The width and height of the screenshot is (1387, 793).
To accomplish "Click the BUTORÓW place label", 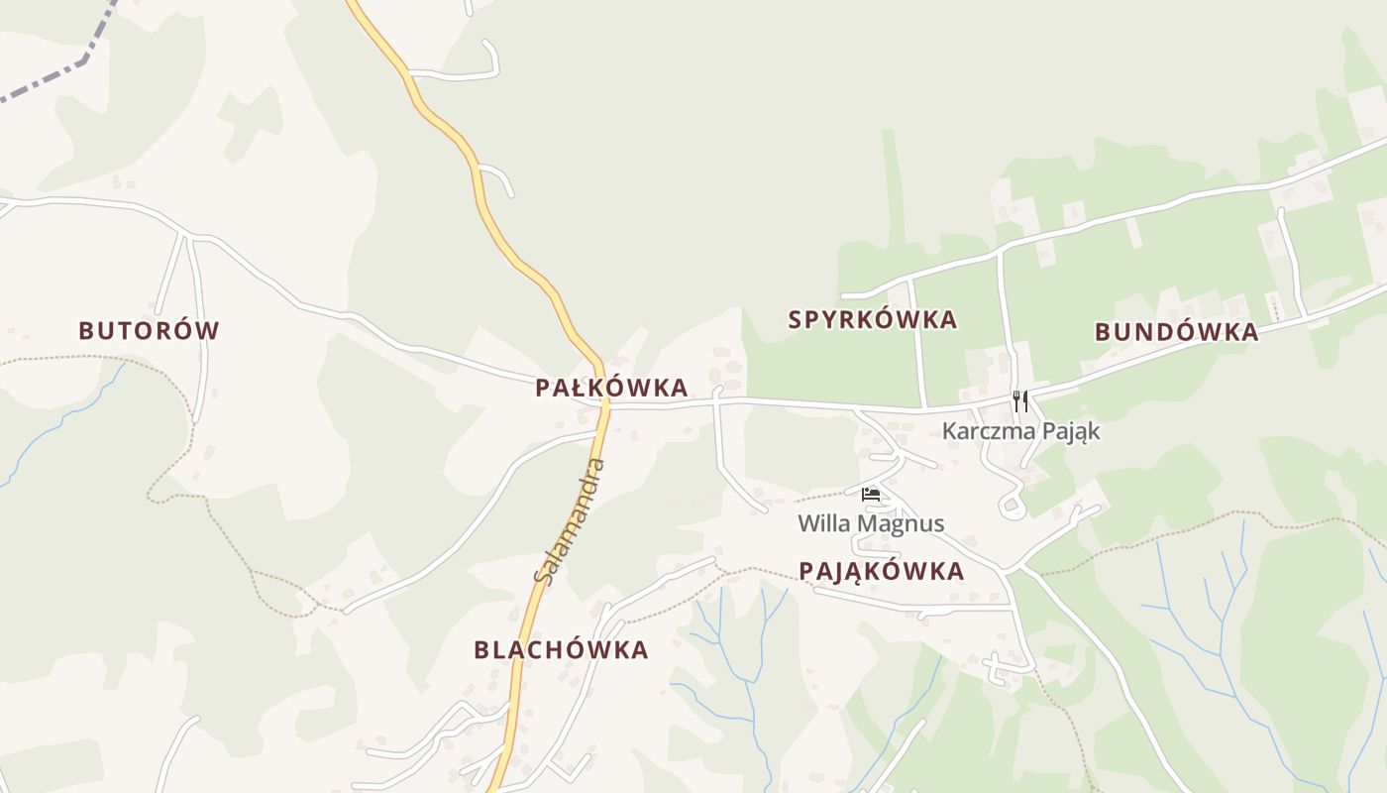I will (x=149, y=331).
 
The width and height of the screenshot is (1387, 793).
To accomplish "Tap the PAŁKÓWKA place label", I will (x=611, y=388).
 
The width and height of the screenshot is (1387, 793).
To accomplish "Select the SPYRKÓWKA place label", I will (x=872, y=319).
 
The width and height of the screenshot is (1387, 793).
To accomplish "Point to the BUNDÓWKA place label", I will (x=1176, y=332).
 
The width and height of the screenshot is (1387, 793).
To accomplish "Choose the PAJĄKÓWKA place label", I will (x=881, y=571).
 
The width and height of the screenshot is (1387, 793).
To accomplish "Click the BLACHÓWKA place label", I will (x=561, y=650).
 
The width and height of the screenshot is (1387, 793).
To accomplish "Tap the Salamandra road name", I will (x=570, y=521).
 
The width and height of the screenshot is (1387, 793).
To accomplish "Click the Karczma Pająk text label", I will (x=1020, y=431).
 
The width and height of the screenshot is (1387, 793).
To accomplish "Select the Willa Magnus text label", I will (x=871, y=523).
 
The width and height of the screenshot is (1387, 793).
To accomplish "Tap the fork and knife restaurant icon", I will (x=1020, y=401).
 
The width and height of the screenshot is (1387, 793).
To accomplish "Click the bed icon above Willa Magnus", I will (x=871, y=494).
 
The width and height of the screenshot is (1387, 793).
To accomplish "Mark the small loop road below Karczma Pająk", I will (x=1013, y=509).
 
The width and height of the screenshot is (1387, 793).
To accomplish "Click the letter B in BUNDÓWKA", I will (x=1103, y=332).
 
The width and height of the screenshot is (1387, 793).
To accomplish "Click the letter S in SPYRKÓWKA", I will (x=795, y=319).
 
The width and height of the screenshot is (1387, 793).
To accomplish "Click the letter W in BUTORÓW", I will (x=207, y=331).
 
